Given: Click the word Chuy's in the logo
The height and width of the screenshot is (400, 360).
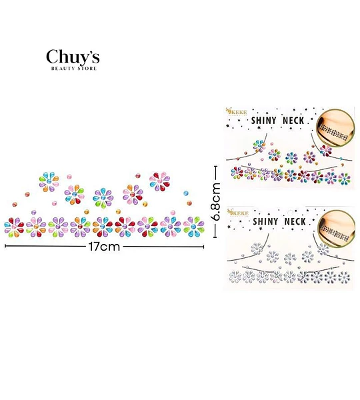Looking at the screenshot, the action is tap(73, 57).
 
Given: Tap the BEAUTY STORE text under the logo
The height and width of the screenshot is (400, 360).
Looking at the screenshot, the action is tap(74, 69).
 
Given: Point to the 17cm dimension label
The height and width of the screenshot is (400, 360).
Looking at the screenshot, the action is tap(104, 247).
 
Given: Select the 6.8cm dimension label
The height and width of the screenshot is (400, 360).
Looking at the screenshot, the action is tap(216, 201).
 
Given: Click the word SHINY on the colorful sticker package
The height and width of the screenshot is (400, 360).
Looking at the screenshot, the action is tap(264, 121).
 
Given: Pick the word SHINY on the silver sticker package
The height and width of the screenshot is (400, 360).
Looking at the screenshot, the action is tap(265, 221).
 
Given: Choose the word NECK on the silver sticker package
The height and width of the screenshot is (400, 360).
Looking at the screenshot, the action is tap(295, 221).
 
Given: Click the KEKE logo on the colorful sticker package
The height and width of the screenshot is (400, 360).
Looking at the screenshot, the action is tap(237, 112).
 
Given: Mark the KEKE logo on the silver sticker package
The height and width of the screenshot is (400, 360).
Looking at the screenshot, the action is tap(238, 213).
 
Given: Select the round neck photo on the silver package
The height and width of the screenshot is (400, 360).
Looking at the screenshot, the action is tap(337, 229).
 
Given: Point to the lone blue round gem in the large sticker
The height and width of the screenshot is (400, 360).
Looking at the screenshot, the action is tap(186, 193).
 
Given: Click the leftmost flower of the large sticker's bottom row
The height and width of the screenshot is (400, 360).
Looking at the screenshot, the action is tap(14, 227).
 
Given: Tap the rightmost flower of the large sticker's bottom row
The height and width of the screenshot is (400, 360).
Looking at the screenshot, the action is tap(193, 227).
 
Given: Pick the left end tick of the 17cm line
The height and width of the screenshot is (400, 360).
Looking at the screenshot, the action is tap(5, 246).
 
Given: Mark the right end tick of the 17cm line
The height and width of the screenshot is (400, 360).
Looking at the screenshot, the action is tap(203, 247).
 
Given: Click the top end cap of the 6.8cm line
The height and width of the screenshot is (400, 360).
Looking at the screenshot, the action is tap(215, 166).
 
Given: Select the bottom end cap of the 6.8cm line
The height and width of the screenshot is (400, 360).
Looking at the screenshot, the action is tap(215, 237).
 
